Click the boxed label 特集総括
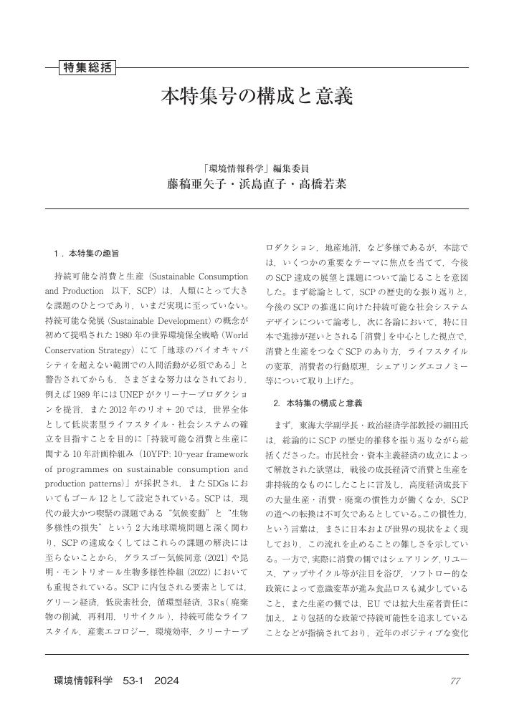pyautogui.click(x=87, y=68)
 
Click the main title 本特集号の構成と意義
pyautogui.click(x=257, y=96)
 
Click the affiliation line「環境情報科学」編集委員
pyautogui.click(x=257, y=169)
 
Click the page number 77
pyautogui.click(x=455, y=681)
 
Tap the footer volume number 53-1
pyautogui.click(x=135, y=681)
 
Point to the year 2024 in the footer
pyautogui.click(x=166, y=681)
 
